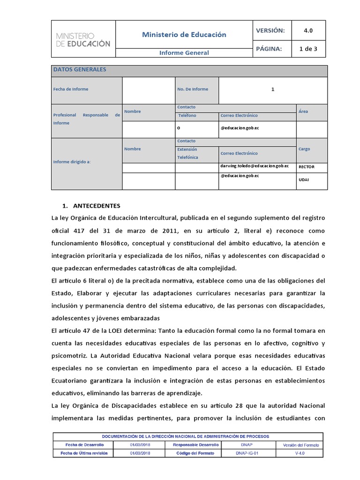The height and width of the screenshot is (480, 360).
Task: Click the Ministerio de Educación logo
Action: (83, 40)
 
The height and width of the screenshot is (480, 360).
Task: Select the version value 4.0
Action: (308, 30)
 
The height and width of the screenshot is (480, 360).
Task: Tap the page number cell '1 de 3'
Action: (308, 48)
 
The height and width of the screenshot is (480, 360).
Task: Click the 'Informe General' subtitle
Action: (184, 53)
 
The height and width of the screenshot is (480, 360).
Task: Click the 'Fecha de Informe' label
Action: (71, 89)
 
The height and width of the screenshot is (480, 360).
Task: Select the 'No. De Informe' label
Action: (193, 89)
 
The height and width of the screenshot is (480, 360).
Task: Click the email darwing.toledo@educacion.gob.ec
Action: (255, 166)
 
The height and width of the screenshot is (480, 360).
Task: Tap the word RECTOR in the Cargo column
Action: (307, 167)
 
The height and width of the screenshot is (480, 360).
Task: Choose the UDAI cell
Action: (304, 180)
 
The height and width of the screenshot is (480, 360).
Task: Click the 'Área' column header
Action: (303, 112)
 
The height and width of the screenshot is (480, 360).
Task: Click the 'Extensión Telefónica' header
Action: (187, 153)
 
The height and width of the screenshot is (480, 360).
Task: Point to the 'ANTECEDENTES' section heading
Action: (97, 206)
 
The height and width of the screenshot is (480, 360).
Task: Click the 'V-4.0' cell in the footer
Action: (300, 453)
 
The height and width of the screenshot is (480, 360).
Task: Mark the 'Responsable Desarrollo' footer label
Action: (195, 444)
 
